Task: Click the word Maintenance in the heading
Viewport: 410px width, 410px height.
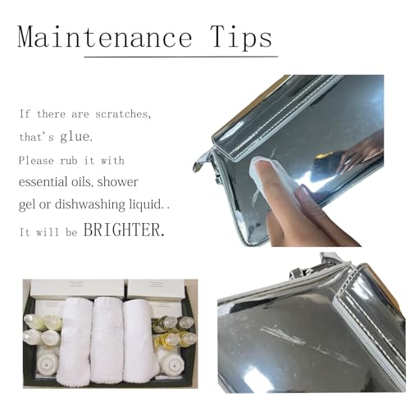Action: point(105,37)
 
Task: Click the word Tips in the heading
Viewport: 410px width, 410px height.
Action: point(241,38)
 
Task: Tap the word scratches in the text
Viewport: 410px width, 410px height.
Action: point(123,114)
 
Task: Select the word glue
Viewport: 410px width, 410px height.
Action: point(76,136)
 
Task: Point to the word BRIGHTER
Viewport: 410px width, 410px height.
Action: point(124,230)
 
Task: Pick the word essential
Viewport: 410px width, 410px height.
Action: point(43,181)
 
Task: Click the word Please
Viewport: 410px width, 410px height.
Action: point(36,160)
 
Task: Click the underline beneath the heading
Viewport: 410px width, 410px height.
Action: point(181,57)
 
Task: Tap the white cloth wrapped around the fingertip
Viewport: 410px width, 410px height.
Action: point(266,171)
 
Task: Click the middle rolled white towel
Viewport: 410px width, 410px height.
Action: point(107,340)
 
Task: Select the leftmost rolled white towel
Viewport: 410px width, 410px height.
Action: point(74,342)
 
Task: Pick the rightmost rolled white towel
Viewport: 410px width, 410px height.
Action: point(140,341)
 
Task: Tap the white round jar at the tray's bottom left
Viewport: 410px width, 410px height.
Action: point(48,363)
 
